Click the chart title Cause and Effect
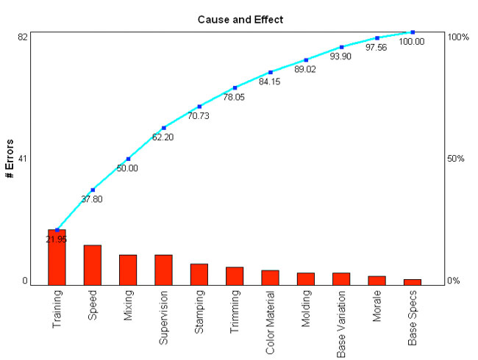pos(240,19)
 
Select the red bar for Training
pos(57,256)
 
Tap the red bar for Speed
pos(93,264)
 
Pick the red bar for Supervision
pos(163,269)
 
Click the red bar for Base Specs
pos(413,281)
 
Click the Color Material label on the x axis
pos(271,323)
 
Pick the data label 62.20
pos(163,137)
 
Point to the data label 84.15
pos(270,82)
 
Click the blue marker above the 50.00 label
pos(128,159)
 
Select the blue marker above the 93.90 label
pos(341,47)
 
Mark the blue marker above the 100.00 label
pos(413,32)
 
